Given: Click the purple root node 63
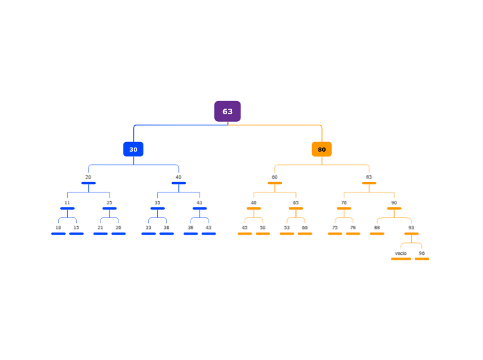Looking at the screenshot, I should (227, 111).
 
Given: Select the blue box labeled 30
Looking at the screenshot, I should (133, 149).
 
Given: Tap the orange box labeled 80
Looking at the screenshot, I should (322, 149).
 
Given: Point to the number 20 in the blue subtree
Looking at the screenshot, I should (88, 177).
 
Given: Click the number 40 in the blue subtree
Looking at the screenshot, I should (178, 177).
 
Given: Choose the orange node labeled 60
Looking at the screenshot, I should (274, 177).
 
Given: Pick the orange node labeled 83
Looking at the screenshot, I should (369, 177).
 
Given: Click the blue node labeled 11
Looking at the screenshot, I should (67, 203).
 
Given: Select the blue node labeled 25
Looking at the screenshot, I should (109, 203).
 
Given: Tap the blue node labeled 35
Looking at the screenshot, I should (157, 203).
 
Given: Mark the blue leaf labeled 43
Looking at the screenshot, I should (209, 228).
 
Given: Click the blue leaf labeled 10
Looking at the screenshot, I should (58, 228).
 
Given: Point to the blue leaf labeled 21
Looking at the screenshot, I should (100, 228).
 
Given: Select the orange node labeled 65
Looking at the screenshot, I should (296, 203).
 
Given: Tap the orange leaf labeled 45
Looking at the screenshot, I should (245, 228).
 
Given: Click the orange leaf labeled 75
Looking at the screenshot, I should (335, 228).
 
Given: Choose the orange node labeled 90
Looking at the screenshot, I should (394, 203).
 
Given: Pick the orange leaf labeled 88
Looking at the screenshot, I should (377, 228).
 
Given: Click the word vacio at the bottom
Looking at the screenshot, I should (401, 253).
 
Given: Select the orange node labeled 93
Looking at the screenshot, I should (411, 228).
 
